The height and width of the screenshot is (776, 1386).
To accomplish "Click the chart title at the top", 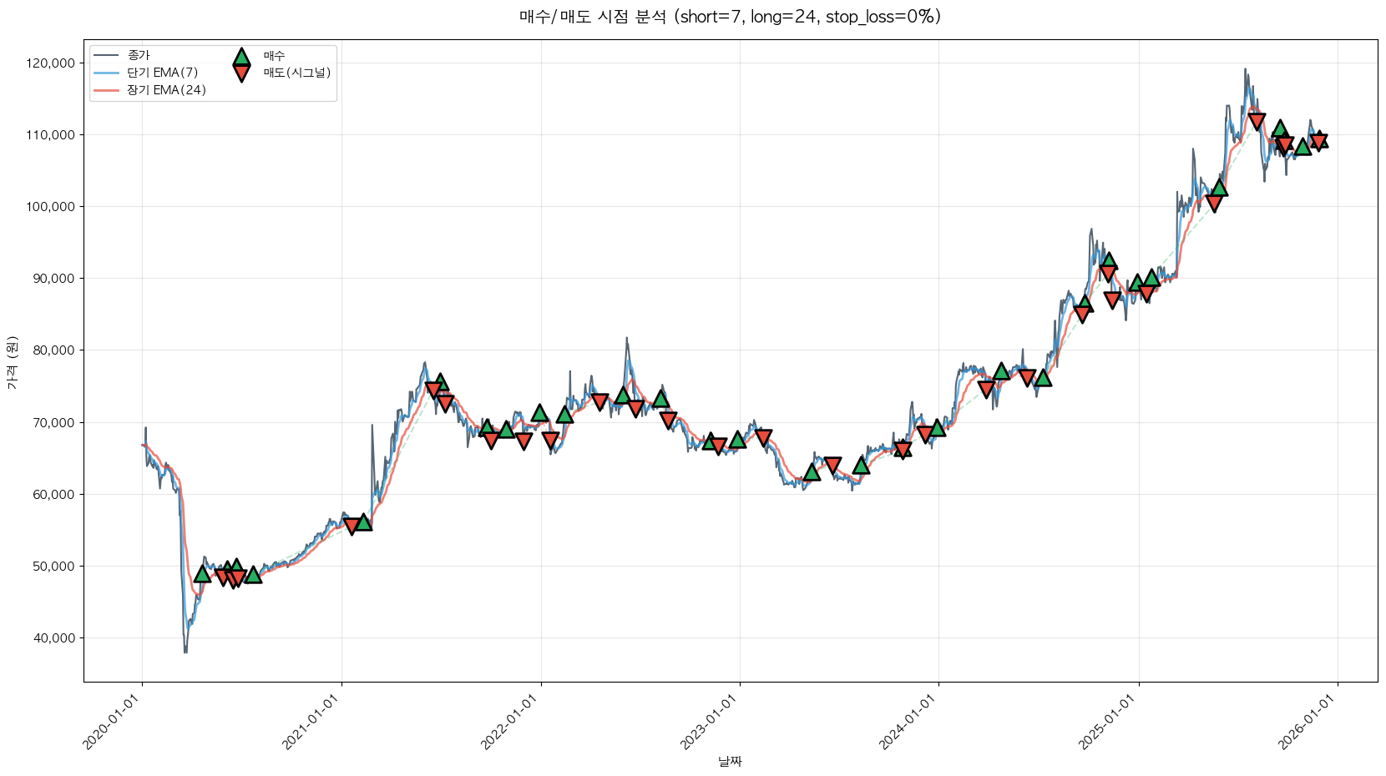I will coord(730,17).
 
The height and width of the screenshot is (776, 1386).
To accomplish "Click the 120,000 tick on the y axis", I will coord(52,63).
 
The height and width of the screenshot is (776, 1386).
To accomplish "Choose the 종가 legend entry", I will coord(139,56).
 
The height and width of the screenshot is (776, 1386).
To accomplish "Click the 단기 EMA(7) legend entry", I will coord(162,73).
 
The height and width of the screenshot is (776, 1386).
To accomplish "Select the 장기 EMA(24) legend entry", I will coord(166,90).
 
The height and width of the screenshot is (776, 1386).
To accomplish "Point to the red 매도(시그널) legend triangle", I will coord(241,73).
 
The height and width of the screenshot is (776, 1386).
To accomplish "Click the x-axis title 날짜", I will coord(730,761).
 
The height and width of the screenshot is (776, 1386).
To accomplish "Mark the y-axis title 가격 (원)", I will coord(13,362).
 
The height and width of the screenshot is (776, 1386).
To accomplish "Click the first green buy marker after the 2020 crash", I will coord(202,573).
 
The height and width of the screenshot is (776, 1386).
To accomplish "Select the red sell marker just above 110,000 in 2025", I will coord(1257,122).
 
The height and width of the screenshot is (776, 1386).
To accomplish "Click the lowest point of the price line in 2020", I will coord(185,652).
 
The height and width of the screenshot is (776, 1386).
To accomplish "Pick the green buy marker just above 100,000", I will coord(1219,188).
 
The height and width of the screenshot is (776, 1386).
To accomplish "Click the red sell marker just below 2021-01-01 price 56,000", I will coord(352,527).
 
